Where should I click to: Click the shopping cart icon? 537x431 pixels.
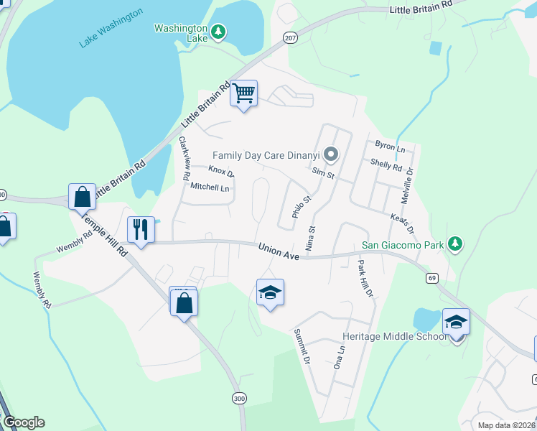pos(244,93)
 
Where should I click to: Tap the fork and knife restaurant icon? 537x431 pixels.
pos(141,230)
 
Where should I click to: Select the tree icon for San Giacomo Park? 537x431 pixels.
pos(454,245)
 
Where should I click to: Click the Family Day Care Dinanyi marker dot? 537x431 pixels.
pos(330,154)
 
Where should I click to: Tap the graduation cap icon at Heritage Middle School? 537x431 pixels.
pos(456,321)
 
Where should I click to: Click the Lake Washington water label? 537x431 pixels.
pos(111,29)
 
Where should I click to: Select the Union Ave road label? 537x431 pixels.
pos(277,248)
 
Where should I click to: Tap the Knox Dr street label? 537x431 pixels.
pos(221,172)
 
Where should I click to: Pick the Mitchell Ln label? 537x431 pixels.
pos(210,188)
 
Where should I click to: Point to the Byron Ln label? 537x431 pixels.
pos(390,147)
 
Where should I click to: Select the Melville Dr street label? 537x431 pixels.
pos(410,182)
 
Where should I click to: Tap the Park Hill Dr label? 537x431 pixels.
pos(365,279)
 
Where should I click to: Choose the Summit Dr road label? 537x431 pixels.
pos(302,346)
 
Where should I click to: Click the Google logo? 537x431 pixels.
pos(23,422)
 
